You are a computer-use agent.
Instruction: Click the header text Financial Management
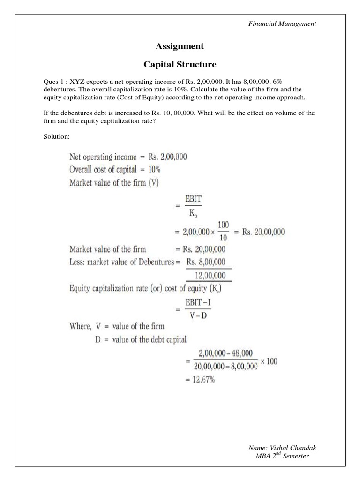click(282, 23)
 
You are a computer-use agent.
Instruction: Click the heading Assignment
click(180, 46)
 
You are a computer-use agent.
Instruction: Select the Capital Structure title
click(180, 64)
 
